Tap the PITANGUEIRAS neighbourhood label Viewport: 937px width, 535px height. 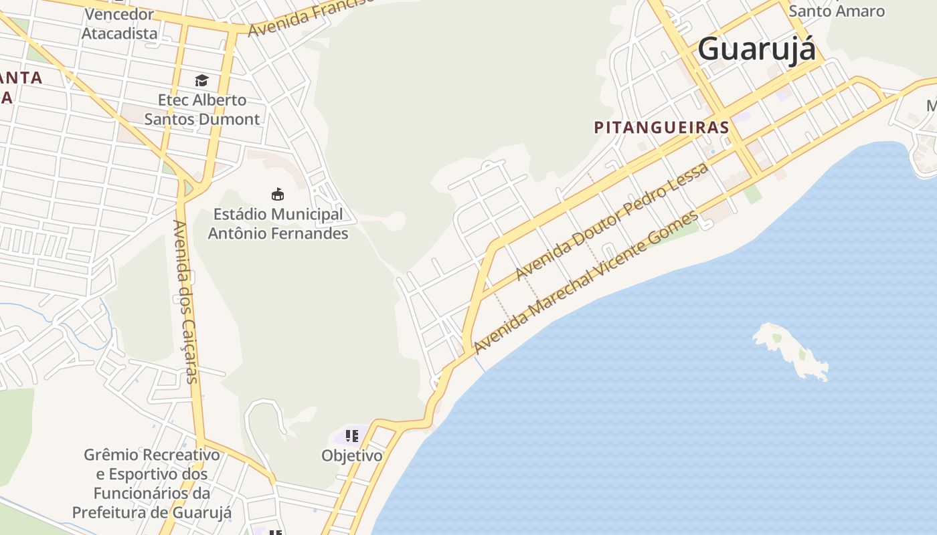[x=661, y=127]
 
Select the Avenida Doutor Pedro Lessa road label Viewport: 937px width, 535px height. [x=612, y=221]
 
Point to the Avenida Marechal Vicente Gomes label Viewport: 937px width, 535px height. [x=586, y=282]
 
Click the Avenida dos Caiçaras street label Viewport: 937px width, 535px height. [x=185, y=302]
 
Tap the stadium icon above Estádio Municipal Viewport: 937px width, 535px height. [x=278, y=195]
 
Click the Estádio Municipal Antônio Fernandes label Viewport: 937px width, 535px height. [x=278, y=224]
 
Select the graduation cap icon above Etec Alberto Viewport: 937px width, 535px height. [x=201, y=81]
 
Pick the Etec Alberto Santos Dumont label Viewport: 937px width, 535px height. [x=202, y=110]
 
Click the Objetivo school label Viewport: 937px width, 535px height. [x=352, y=455]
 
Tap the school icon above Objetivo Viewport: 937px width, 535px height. [x=352, y=437]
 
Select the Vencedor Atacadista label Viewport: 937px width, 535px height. [x=120, y=23]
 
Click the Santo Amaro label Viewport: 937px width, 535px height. [x=837, y=11]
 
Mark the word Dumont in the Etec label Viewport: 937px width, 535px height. [x=232, y=120]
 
